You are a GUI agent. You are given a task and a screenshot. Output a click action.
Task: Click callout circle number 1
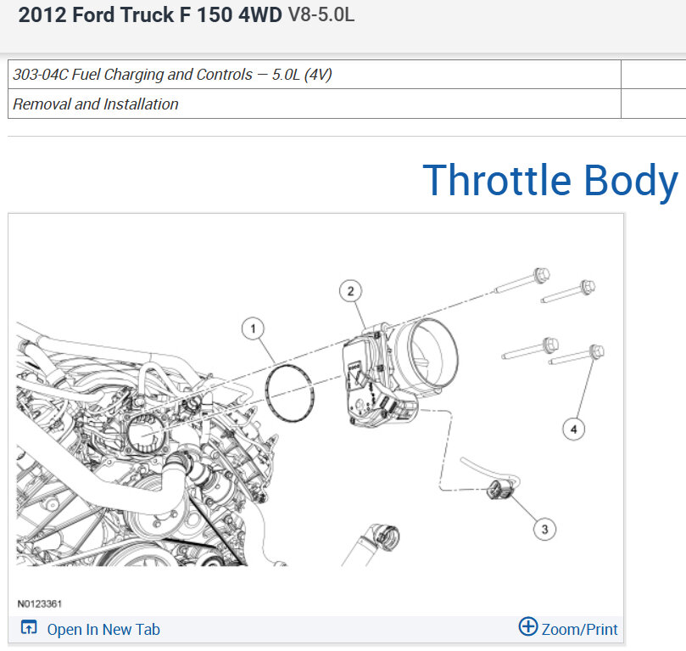click(253, 328)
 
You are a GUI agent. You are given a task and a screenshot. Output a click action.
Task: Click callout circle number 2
click(350, 291)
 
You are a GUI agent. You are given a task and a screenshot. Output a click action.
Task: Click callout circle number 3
click(544, 530)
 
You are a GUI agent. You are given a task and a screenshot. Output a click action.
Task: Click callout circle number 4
click(573, 429)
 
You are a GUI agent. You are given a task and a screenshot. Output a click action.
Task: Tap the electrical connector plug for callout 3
click(501, 489)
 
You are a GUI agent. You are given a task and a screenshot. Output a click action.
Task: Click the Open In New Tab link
click(103, 630)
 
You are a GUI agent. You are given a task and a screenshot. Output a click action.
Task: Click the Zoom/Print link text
click(579, 630)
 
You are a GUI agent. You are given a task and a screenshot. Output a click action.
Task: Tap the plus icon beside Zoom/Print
click(528, 626)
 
